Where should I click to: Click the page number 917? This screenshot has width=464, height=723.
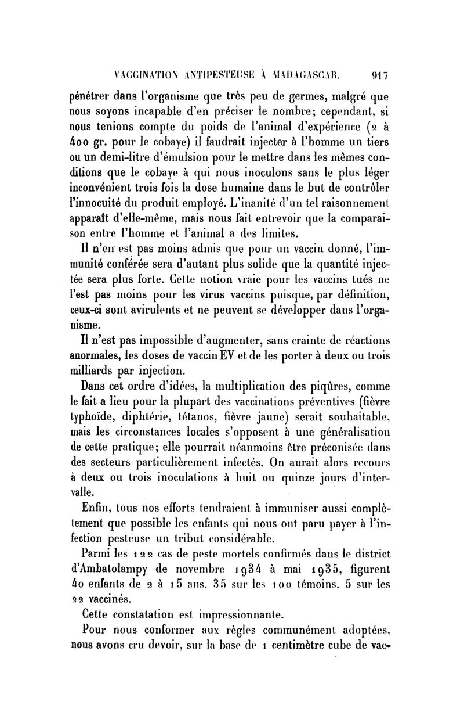click(x=380, y=74)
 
